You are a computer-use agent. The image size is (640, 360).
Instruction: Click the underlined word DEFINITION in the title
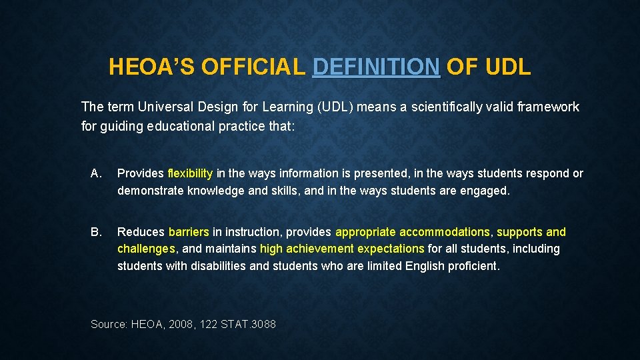376,67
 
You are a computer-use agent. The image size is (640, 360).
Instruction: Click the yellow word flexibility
190,173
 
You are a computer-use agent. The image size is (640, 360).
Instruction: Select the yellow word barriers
189,232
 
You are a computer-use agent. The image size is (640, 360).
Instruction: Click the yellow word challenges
146,249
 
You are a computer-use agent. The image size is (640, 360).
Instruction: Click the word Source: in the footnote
109,324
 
